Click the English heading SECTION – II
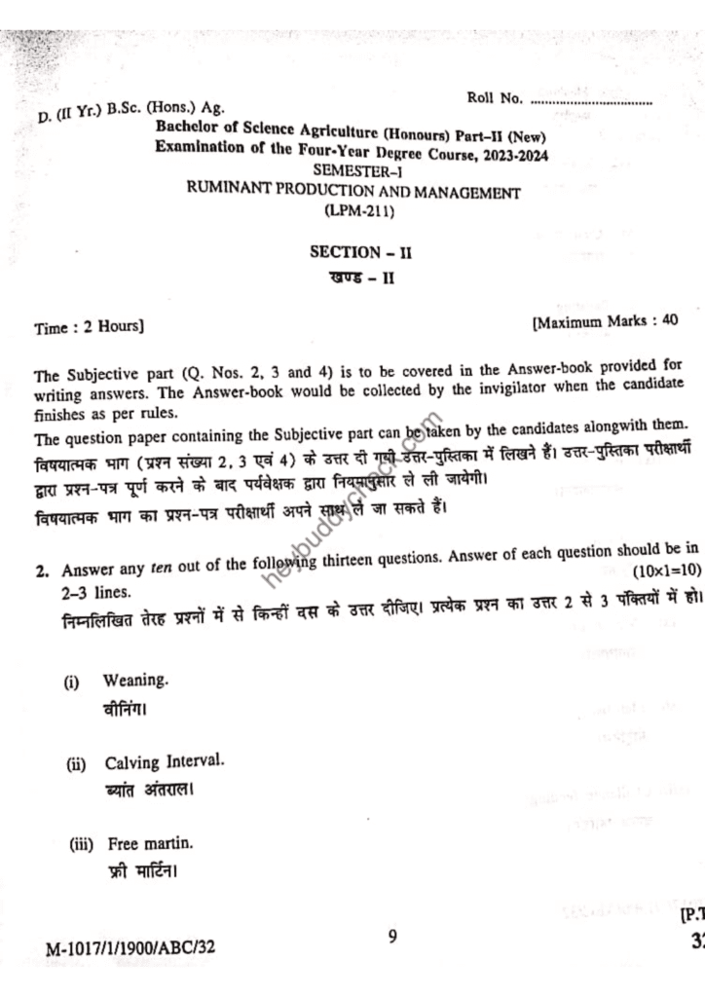click(x=361, y=251)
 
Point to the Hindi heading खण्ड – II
click(x=361, y=279)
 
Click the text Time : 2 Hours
click(x=89, y=327)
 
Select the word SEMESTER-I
click(x=361, y=172)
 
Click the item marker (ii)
click(x=76, y=764)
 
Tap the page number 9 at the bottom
click(x=391, y=937)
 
